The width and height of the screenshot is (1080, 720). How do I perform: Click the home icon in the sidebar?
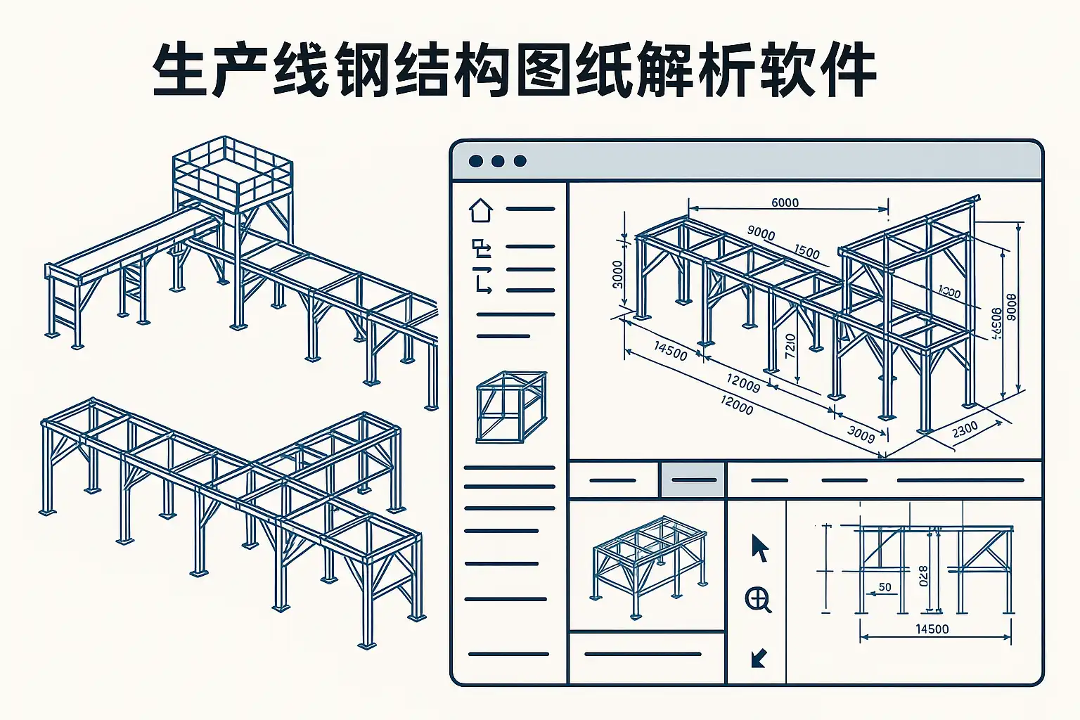(x=481, y=210)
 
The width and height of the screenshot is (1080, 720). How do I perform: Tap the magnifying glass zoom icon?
(x=758, y=599)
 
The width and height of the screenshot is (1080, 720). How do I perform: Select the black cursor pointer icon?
(x=759, y=548)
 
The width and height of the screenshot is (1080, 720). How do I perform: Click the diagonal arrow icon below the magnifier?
(x=758, y=658)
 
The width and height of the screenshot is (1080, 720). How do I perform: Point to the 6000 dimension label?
(x=785, y=202)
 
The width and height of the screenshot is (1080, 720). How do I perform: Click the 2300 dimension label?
(x=965, y=429)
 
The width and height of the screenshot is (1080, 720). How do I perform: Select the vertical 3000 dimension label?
(x=617, y=274)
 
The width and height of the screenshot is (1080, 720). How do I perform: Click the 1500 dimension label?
(x=806, y=251)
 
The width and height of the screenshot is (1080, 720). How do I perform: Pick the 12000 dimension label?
(x=736, y=405)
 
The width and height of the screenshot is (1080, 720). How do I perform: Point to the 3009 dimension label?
(x=861, y=434)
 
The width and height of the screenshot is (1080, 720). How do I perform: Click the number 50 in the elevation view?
(x=885, y=587)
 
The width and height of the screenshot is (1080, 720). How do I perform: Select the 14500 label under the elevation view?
(x=932, y=629)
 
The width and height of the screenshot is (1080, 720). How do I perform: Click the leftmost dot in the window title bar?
(x=476, y=161)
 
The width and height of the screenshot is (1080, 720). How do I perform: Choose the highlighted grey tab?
(x=693, y=480)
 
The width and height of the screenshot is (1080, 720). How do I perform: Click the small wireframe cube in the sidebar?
(x=511, y=406)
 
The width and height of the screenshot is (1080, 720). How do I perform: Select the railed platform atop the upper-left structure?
(x=232, y=172)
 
